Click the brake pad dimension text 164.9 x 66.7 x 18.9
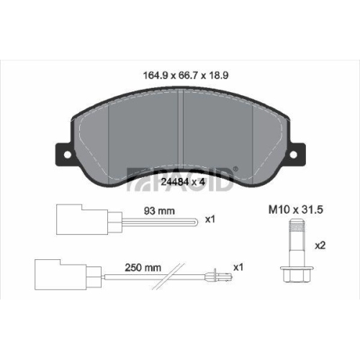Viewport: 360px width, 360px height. click(x=185, y=76)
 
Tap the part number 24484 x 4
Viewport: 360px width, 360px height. click(x=183, y=182)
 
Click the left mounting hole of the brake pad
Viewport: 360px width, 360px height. click(x=68, y=155)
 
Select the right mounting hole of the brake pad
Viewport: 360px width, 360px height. click(x=293, y=155)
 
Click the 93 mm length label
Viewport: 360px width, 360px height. click(x=159, y=211)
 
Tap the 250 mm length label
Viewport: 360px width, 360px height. click(x=143, y=268)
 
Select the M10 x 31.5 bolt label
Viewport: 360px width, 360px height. click(x=296, y=210)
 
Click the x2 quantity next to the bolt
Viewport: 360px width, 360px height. click(x=320, y=246)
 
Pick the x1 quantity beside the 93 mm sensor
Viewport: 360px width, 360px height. click(x=210, y=220)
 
